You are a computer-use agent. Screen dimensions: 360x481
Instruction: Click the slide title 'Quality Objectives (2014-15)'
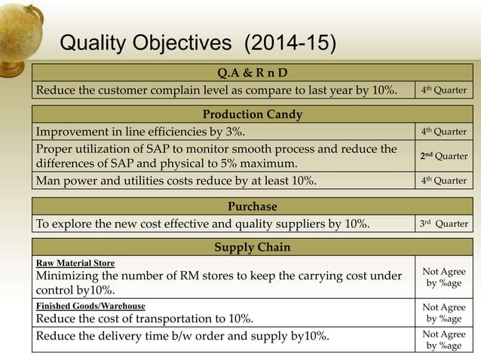coord(198,44)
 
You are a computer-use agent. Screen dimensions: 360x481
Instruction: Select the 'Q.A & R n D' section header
coord(252,73)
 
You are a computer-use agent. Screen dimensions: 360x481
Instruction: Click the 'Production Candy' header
coord(252,114)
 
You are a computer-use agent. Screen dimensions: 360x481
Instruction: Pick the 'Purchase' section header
coord(252,206)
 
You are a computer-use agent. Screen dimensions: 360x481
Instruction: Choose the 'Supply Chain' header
coord(252,247)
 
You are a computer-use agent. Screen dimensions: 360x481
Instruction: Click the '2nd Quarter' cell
coord(443,156)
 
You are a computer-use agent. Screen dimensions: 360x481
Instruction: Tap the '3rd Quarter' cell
coord(443,223)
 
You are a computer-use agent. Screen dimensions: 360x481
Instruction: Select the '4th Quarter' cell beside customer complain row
coord(443,91)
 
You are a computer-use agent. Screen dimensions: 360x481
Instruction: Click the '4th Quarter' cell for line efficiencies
coord(443,132)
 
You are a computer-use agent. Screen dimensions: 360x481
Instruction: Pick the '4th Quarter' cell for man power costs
coord(443,181)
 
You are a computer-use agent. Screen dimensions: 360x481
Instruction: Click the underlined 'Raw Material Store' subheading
coord(75,263)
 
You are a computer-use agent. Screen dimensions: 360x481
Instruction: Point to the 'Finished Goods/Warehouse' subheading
coord(90,307)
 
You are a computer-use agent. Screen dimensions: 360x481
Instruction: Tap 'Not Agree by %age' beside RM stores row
coord(443,277)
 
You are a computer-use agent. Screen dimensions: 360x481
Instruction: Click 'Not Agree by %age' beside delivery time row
coord(443,340)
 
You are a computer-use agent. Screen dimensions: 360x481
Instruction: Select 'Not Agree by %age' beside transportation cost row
coord(443,313)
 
